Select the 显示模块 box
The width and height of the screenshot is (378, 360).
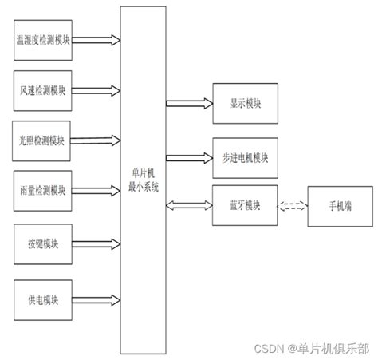click(245, 104)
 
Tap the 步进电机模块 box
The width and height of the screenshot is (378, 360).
click(245, 155)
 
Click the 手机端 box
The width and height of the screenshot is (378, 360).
click(334, 206)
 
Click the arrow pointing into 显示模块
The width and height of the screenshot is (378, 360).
click(189, 104)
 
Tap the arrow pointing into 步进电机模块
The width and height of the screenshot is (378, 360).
click(189, 155)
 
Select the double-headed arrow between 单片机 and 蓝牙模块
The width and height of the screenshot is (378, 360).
click(189, 205)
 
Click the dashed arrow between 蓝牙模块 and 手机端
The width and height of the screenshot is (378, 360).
click(292, 206)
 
